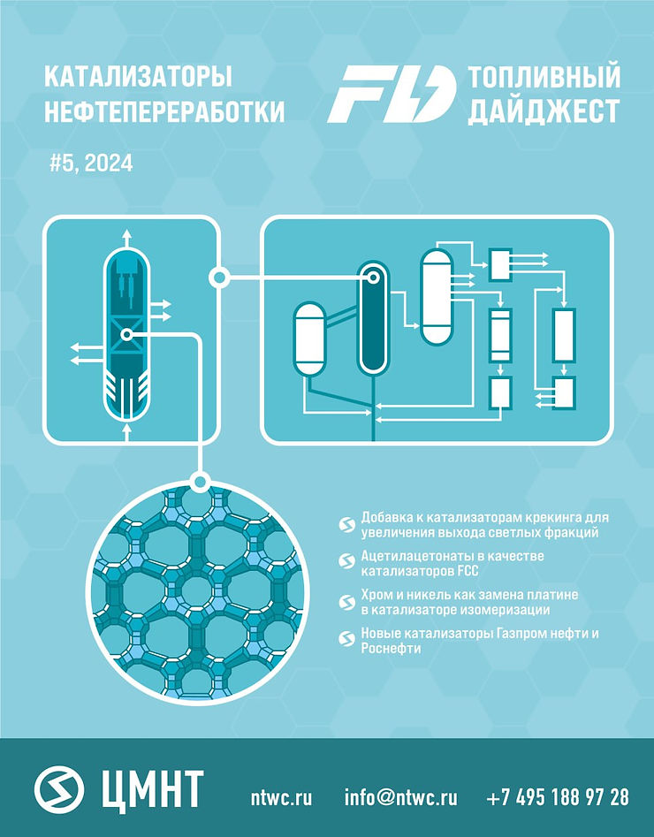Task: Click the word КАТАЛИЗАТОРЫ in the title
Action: [x=138, y=77]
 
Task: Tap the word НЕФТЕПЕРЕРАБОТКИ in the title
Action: [x=164, y=110]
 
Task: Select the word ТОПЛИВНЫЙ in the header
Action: [x=544, y=77]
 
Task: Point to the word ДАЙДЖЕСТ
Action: [x=544, y=110]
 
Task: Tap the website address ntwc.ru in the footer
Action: [x=282, y=797]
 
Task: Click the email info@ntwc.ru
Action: [x=400, y=797]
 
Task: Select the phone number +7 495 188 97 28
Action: [x=558, y=797]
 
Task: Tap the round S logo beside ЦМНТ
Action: [x=60, y=788]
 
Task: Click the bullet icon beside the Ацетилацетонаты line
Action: [x=346, y=560]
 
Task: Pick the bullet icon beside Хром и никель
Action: [x=346, y=602]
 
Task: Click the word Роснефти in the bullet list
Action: [x=389, y=648]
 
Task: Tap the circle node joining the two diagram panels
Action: [x=218, y=278]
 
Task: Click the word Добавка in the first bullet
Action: [x=385, y=517]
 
